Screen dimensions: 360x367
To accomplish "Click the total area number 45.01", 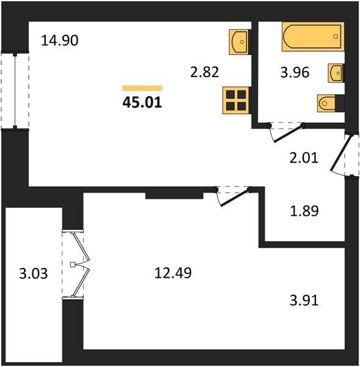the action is pos(142,103).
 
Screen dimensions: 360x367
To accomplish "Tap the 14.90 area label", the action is pos(60,40).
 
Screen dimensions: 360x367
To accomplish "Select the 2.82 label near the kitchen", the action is pos(204,72).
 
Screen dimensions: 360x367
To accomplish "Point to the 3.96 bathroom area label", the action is pos(295,72).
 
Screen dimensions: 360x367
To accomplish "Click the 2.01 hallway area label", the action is pos(304,158).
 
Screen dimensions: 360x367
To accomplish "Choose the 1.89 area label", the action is pos(304,210).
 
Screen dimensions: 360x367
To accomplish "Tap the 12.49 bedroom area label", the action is pos(173,273).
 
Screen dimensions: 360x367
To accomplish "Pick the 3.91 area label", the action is pos(304,300).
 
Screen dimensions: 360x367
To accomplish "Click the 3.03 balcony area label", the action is pos(33,273).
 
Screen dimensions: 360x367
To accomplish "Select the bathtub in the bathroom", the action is pos(313,37).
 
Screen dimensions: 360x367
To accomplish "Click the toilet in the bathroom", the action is pos(331,103).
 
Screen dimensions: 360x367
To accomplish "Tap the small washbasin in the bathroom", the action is pos(336,73).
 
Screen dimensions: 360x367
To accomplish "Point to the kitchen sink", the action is pos(240,42).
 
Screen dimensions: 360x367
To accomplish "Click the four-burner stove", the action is pos(237,100).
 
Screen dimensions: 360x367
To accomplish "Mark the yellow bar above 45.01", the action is pos(142,88).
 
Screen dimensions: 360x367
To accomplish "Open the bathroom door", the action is pos(286,132).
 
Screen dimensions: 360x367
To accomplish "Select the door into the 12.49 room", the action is pos(233,196).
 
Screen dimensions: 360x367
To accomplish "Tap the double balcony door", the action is pos(76,264).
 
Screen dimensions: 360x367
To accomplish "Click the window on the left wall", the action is pos(15,91).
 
